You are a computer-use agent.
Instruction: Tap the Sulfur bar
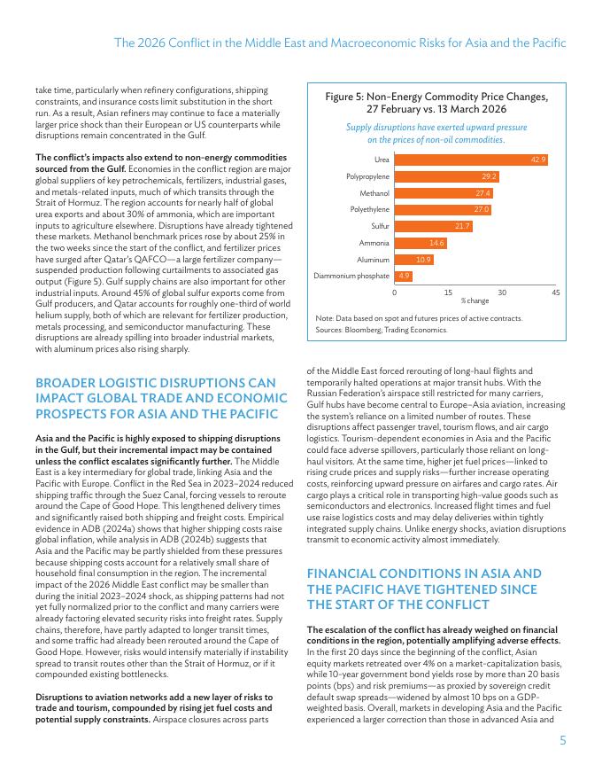[x=432, y=226]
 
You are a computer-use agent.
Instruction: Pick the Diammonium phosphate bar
[x=403, y=276]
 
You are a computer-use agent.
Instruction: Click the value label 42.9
[x=538, y=160]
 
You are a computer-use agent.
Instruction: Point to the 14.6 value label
[x=436, y=243]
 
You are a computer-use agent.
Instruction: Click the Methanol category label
[x=374, y=193]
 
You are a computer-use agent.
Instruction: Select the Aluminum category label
[x=373, y=260]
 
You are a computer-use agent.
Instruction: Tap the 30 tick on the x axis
[x=502, y=292]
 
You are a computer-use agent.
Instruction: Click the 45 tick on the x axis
[x=556, y=292]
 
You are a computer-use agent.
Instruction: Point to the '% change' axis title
[x=475, y=301]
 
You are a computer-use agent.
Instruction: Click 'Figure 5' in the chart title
[x=346, y=97]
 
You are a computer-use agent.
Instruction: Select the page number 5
[x=563, y=741]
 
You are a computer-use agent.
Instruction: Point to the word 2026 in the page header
[x=156, y=43]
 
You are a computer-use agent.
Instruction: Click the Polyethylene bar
[x=442, y=209]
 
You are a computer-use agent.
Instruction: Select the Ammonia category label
[x=374, y=243]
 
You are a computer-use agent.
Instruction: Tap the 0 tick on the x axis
[x=394, y=292]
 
